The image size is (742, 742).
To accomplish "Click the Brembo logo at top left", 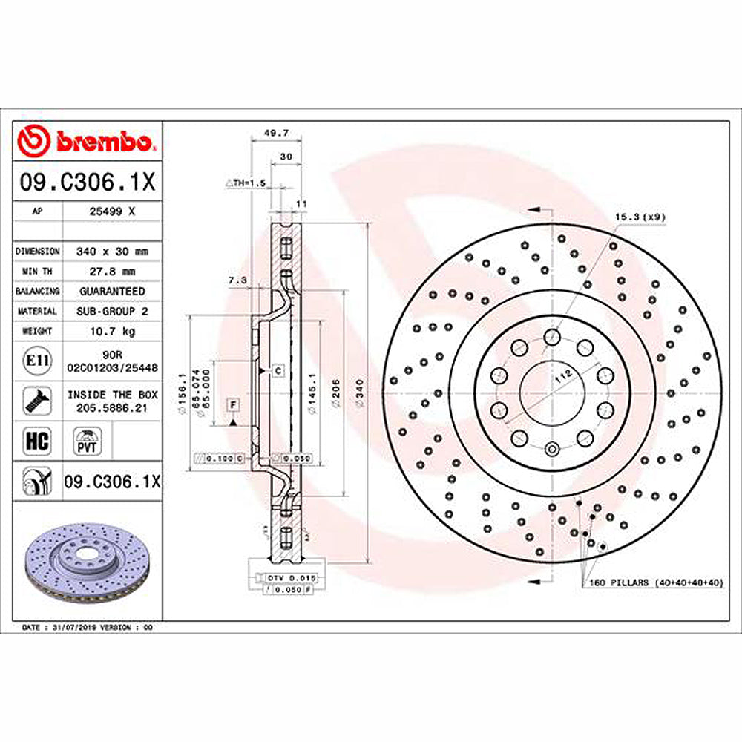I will [x=88, y=141].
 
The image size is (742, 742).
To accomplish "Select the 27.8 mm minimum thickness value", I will [x=111, y=272].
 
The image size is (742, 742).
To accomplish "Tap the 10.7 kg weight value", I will [x=111, y=331].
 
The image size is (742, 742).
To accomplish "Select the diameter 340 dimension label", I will [x=360, y=387].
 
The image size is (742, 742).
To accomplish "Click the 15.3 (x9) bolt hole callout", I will [x=640, y=217].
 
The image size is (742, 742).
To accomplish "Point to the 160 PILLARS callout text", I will [x=656, y=582].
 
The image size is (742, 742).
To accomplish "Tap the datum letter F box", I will [x=233, y=404].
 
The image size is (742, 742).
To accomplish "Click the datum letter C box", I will [x=278, y=369].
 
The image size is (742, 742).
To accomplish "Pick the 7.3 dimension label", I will [x=237, y=280].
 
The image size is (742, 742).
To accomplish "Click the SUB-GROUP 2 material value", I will [x=111, y=312].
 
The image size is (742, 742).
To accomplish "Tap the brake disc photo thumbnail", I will [x=88, y=562].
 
